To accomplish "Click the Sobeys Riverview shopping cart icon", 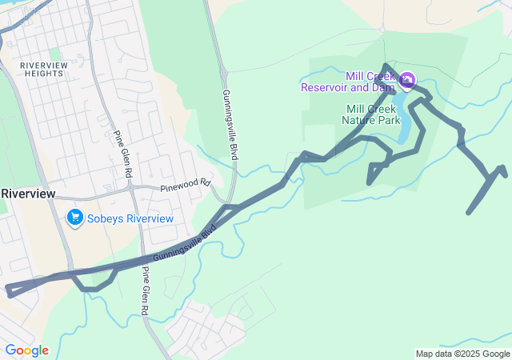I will [x=75, y=217].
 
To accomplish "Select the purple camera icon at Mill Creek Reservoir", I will [x=407, y=79].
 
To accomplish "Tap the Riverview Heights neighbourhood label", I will [x=42, y=69].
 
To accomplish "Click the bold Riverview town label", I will [x=27, y=194].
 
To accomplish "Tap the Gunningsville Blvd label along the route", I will [x=185, y=245].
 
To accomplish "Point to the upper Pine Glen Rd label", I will [x=122, y=154].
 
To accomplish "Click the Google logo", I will [x=26, y=350].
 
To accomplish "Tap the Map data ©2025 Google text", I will [x=462, y=354].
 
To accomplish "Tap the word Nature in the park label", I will [x=358, y=120].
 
